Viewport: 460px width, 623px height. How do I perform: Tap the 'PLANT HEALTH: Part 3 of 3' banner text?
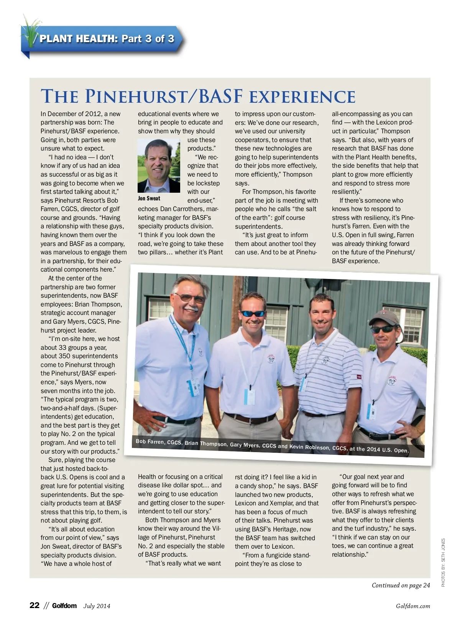click(x=107, y=39)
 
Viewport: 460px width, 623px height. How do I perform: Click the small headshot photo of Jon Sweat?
click(x=159, y=166)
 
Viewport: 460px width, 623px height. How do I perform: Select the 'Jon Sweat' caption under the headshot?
click(x=149, y=198)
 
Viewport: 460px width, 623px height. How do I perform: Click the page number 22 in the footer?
click(x=34, y=605)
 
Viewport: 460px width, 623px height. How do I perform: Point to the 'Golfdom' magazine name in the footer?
click(x=64, y=606)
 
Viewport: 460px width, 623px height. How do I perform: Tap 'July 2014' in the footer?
click(x=97, y=606)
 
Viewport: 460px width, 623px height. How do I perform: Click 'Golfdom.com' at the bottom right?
click(x=413, y=606)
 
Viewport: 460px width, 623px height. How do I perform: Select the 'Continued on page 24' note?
click(x=401, y=585)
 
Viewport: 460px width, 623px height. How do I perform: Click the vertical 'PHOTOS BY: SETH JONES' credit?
click(x=443, y=562)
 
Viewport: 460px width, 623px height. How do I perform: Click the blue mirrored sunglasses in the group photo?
click(x=253, y=313)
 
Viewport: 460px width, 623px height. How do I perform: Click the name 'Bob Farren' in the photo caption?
click(x=149, y=442)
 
